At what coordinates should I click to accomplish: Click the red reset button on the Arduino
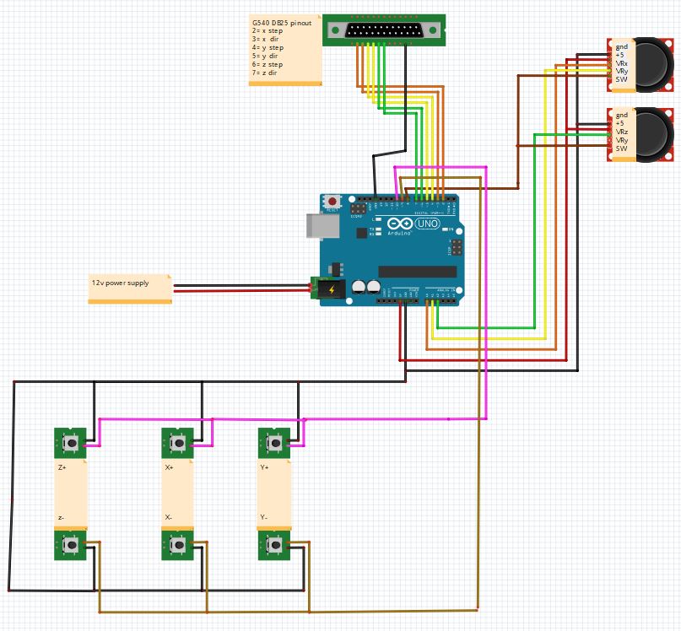tap(333, 202)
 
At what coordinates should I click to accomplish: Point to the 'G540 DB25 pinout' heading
tap(281, 23)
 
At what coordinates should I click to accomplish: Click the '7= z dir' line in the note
tap(264, 73)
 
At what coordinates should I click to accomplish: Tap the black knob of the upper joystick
tap(654, 64)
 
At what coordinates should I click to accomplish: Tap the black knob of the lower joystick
tap(654, 133)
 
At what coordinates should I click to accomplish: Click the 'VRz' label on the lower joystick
tap(622, 132)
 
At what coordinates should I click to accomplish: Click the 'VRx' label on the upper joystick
tap(622, 64)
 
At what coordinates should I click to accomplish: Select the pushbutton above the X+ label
tap(178, 442)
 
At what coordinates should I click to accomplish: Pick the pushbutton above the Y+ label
tap(273, 442)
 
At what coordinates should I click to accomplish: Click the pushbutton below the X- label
tap(178, 546)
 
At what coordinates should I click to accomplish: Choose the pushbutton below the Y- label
tap(273, 546)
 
